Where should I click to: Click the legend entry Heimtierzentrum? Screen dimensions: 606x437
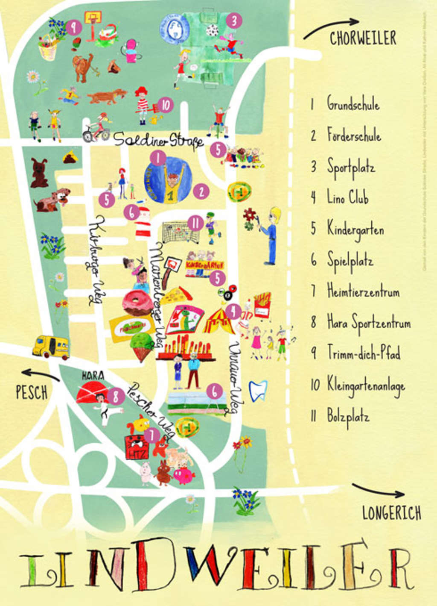363,292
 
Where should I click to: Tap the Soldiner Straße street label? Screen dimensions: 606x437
158,139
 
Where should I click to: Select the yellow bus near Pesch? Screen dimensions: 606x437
51,346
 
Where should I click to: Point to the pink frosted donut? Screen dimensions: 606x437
137,303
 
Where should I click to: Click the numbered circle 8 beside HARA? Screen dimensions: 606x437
116,397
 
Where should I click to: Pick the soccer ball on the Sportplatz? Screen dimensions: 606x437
212,30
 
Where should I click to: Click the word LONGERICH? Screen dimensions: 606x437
391,513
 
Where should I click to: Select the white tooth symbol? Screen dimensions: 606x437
257,391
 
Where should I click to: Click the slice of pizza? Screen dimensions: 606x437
176,295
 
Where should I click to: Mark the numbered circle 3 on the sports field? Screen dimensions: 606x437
234,20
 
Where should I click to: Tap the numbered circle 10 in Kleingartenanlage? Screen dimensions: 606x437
165,105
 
